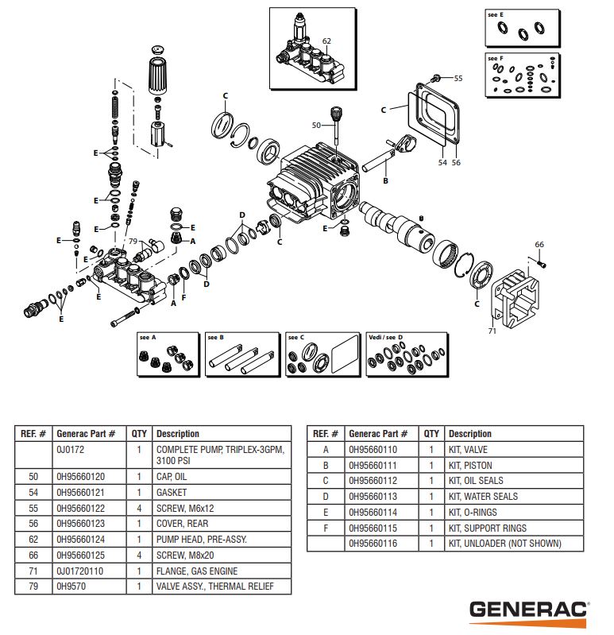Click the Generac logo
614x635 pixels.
[528, 610]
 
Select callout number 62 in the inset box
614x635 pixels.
[326, 41]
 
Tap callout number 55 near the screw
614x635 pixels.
[458, 78]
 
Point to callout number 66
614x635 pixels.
[539, 244]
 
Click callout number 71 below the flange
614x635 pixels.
[492, 331]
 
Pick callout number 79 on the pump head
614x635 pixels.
[133, 242]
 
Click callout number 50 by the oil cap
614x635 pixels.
[316, 126]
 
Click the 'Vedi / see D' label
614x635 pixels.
[382, 338]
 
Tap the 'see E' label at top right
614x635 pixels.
[495, 14]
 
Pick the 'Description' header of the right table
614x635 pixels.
[470, 434]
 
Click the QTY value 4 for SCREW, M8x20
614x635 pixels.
[139, 556]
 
